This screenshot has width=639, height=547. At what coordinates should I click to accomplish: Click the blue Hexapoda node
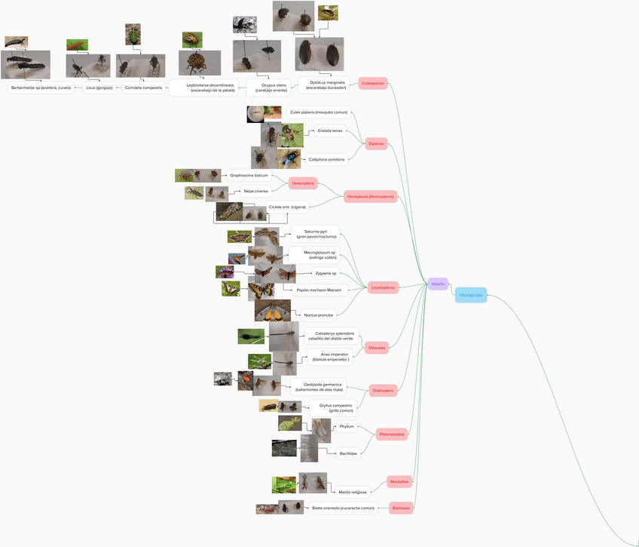471,295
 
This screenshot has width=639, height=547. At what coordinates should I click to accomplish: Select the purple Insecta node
438,284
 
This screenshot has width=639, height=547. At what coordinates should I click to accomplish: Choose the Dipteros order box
376,143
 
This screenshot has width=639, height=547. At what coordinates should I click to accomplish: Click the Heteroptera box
302,183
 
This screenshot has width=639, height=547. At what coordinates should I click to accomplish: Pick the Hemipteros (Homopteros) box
370,197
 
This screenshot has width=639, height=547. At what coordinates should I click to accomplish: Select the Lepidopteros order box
384,287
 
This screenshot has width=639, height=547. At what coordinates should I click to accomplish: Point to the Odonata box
377,348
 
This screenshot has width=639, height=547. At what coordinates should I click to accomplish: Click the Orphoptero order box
383,390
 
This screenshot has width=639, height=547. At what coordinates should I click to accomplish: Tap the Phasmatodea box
392,434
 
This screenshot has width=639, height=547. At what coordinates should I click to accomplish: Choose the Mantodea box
399,481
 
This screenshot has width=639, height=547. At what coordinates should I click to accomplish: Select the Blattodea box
401,508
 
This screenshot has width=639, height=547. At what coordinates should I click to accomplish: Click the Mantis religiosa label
353,492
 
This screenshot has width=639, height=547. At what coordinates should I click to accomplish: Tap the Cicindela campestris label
143,88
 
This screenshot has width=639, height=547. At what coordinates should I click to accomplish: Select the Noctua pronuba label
318,315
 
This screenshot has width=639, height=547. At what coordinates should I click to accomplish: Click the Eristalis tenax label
329,131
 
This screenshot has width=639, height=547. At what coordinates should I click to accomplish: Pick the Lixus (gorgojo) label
99,88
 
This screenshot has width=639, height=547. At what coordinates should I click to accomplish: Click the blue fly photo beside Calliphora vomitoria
289,158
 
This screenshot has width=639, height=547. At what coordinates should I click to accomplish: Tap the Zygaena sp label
326,273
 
